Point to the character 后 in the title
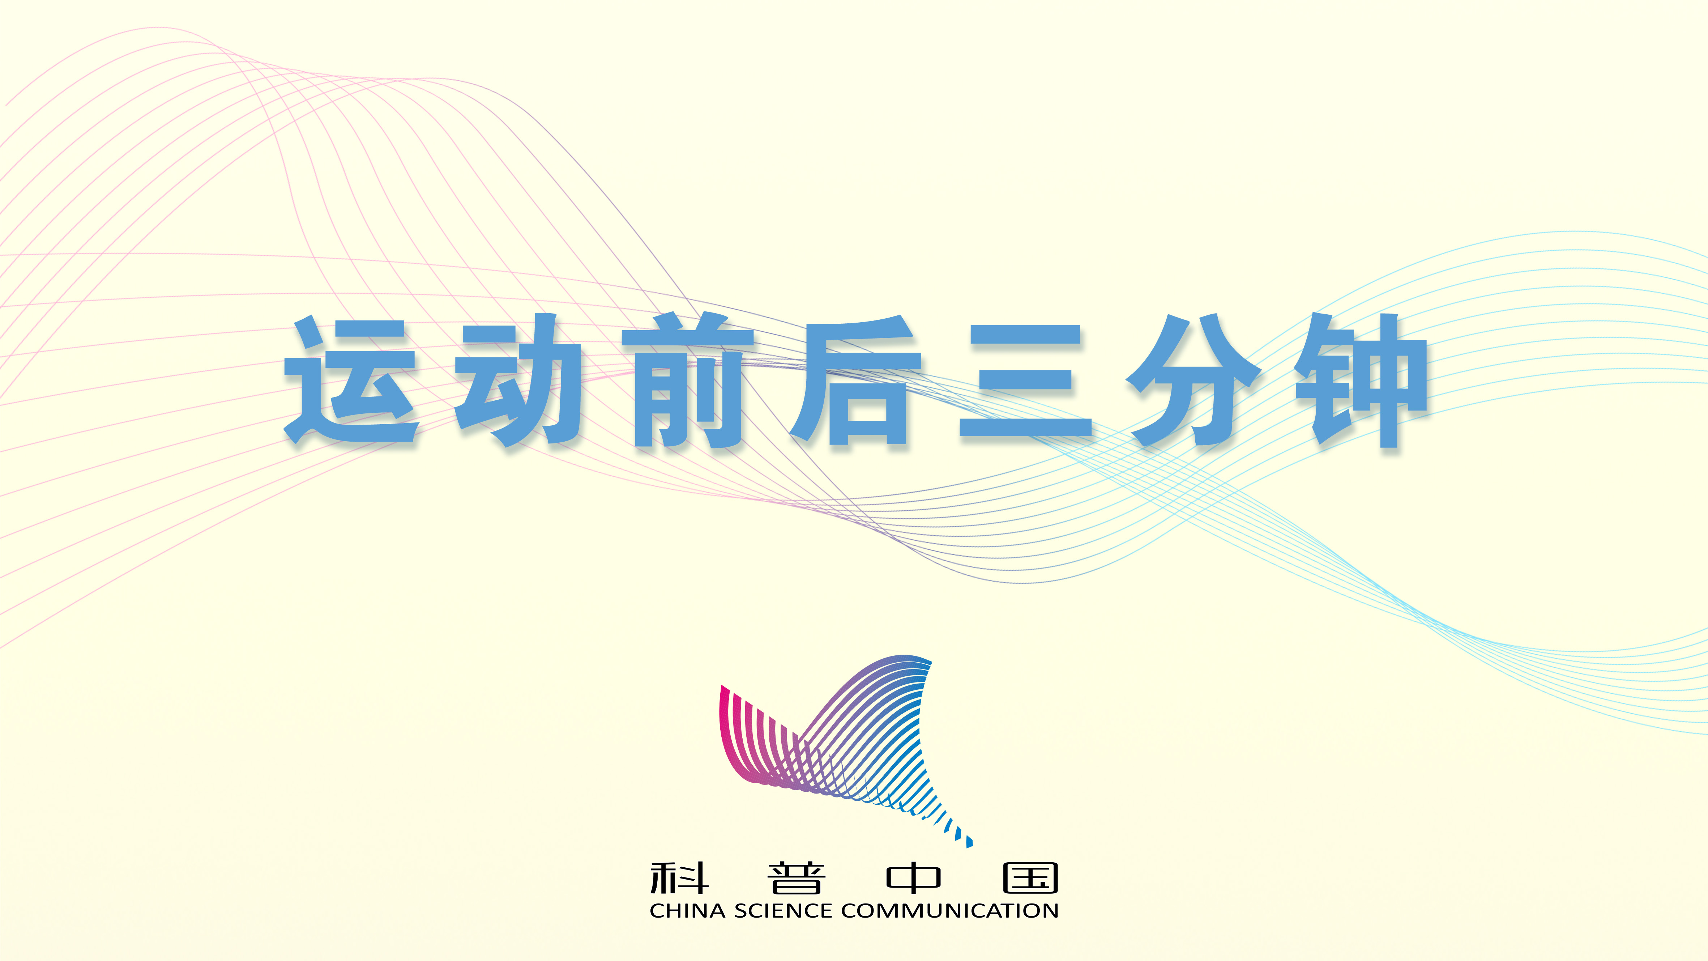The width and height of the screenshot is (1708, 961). [x=855, y=381]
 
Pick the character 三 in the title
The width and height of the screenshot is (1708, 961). [x=1025, y=381]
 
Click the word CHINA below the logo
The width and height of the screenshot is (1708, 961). [x=688, y=911]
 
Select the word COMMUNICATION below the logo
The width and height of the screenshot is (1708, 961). [x=949, y=911]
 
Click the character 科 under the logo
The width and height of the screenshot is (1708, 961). [x=679, y=878]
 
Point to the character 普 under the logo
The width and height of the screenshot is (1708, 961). [x=796, y=878]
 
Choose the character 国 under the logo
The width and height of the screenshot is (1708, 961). [x=1030, y=878]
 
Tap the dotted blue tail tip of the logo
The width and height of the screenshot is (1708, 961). [x=969, y=842]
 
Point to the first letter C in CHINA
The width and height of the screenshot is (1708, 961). [x=657, y=911]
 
